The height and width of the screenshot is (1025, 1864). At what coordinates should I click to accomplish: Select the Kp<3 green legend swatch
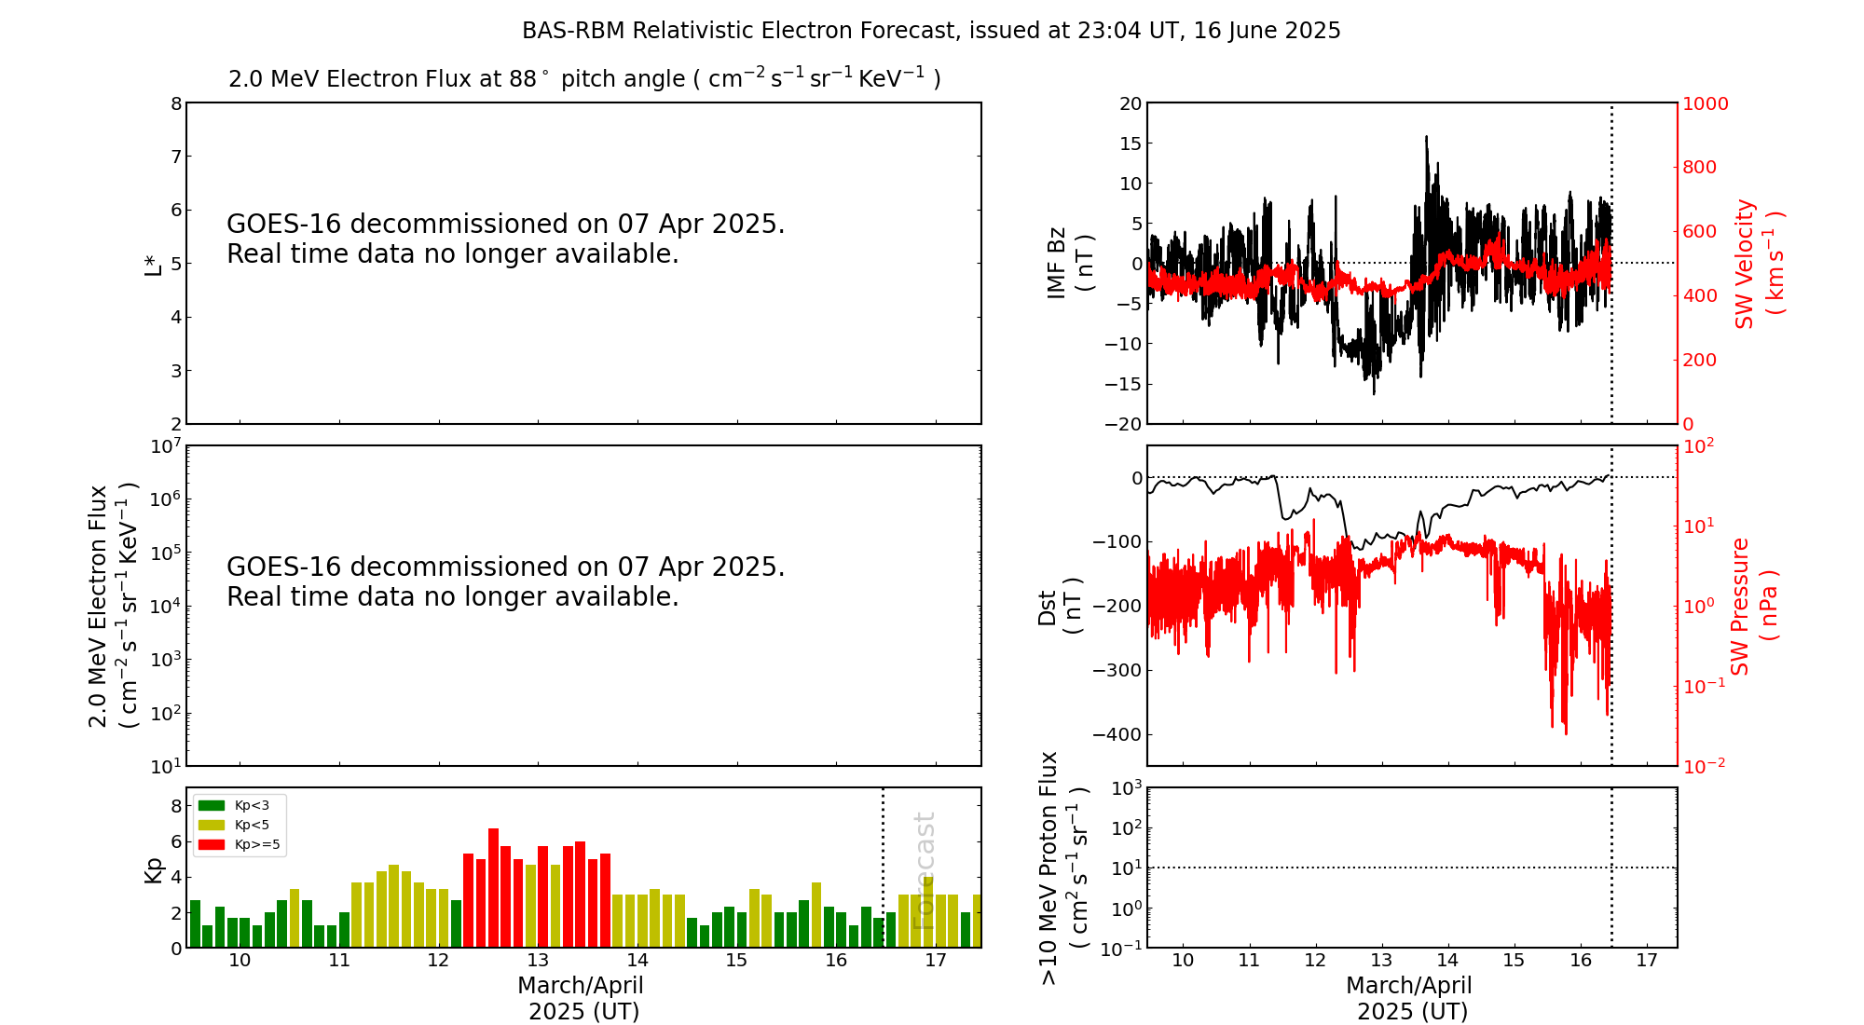212,805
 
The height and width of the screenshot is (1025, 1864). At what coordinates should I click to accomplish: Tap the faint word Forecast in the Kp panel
924,870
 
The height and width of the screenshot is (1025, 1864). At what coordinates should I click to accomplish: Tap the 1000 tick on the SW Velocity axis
1705,103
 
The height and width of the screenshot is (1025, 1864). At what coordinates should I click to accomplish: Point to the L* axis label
153,263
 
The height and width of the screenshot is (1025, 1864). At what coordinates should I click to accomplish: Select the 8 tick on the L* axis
176,103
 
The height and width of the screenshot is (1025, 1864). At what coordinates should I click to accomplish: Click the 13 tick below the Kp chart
538,961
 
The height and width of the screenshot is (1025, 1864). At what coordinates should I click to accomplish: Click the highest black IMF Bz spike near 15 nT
1426,138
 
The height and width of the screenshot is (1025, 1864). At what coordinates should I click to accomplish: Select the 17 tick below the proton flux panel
1647,961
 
